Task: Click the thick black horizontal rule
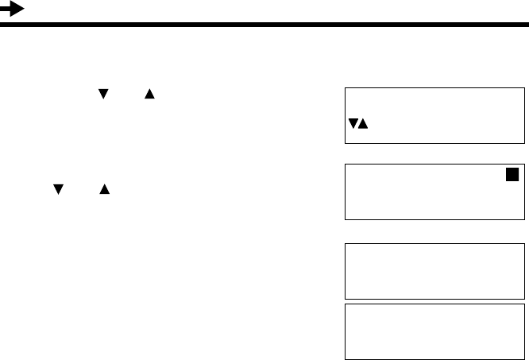[x=264, y=25]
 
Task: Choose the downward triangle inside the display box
[x=353, y=125]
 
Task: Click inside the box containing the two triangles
[x=434, y=115]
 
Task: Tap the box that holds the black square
[x=434, y=192]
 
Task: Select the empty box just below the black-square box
[x=434, y=271]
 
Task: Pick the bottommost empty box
[x=434, y=331]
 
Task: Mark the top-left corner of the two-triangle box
[x=346, y=87]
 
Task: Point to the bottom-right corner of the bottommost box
[x=524, y=358]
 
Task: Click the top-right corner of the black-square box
[x=524, y=165]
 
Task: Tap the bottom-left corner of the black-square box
[x=346, y=219]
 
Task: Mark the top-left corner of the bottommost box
[x=346, y=303]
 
